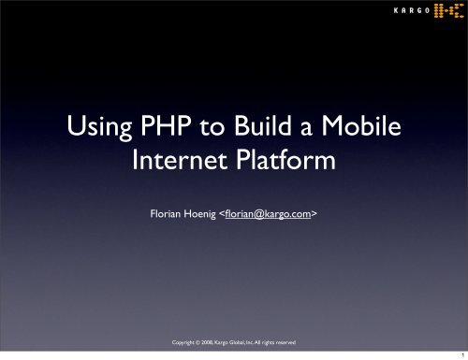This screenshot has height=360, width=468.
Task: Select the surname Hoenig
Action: [x=200, y=214]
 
